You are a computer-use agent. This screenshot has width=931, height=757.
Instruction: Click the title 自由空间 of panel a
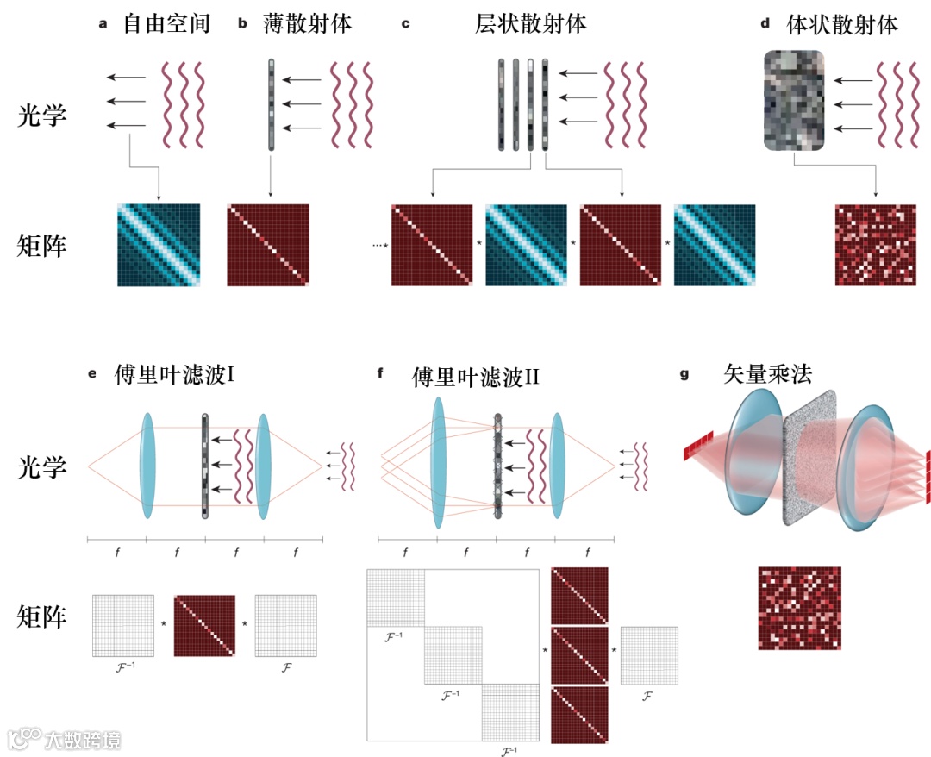point(166,23)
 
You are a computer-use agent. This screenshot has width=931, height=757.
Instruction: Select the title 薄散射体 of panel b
point(307,23)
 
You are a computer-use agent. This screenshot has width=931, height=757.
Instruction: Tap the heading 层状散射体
point(531,23)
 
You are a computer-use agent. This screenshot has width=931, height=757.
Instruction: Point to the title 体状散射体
point(842,24)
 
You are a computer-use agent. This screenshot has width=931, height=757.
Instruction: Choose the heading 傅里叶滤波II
point(476,376)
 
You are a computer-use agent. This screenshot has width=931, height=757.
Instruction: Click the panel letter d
point(765,24)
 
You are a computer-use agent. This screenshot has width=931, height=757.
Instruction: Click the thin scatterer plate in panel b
point(271,103)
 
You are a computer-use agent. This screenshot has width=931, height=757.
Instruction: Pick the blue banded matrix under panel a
point(159,245)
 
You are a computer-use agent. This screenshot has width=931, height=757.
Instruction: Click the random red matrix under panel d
point(876,245)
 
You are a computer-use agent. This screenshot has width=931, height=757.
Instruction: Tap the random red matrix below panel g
point(799,608)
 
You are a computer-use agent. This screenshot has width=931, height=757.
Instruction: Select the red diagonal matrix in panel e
point(204,625)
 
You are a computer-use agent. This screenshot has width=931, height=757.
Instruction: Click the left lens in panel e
point(147,466)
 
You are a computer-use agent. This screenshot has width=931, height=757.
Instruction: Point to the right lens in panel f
point(558,466)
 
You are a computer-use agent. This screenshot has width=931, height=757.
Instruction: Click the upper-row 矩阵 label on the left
point(42,247)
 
